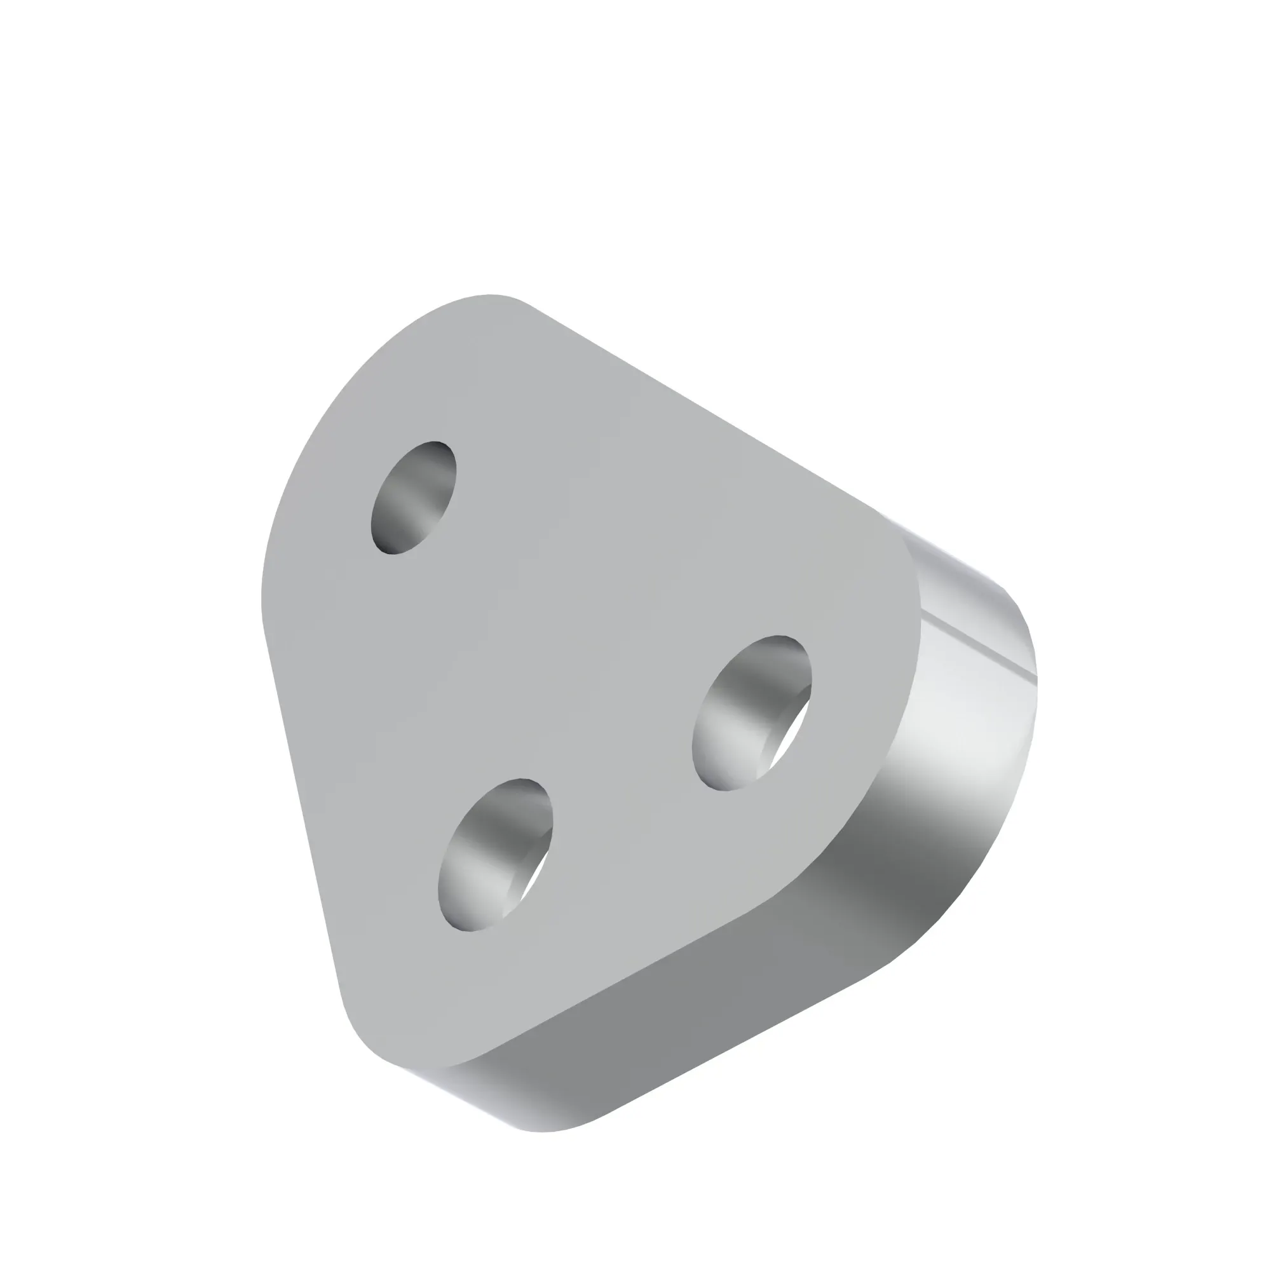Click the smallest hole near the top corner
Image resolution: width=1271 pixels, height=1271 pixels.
(x=413, y=498)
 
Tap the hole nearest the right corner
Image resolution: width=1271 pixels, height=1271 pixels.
(x=751, y=712)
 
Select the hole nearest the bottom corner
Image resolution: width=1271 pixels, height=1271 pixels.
(x=494, y=855)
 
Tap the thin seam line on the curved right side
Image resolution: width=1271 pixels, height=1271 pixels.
(x=974, y=644)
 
